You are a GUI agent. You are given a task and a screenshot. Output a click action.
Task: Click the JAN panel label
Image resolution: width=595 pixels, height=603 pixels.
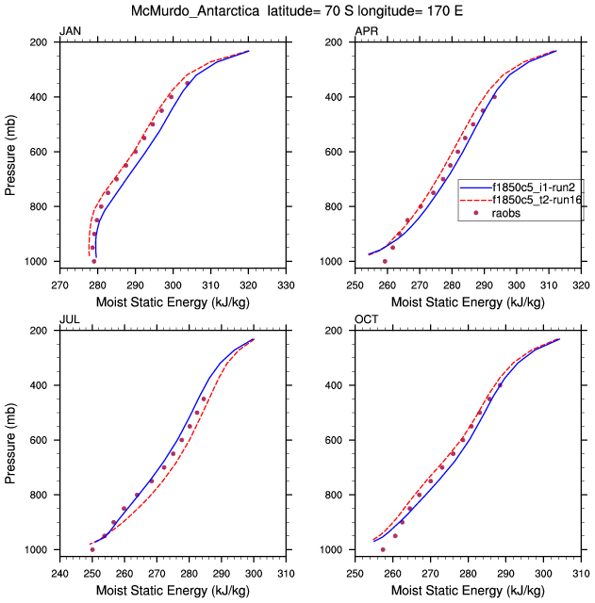[70, 32]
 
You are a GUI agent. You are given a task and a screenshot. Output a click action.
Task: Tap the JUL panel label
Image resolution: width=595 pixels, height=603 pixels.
[69, 320]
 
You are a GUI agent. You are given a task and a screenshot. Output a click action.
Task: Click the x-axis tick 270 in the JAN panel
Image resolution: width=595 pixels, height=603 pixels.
[58, 282]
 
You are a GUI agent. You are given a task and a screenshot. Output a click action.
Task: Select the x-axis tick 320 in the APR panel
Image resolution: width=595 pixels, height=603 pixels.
[582, 282]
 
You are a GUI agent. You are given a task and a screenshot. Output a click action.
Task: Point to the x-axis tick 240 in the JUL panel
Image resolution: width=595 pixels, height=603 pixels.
[58, 570]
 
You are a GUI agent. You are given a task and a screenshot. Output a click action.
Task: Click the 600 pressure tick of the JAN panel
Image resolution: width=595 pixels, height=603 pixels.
[41, 152]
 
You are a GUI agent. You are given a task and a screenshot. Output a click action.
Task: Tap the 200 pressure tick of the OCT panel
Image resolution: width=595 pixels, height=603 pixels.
[337, 331]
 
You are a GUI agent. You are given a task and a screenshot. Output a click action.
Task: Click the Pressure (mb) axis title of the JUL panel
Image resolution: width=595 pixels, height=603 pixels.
[10, 440]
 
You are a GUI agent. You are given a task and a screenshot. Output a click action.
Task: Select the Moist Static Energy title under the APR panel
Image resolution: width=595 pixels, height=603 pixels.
[468, 301]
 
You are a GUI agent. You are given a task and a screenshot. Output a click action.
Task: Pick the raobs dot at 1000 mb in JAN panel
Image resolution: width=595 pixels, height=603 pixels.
[94, 261]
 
